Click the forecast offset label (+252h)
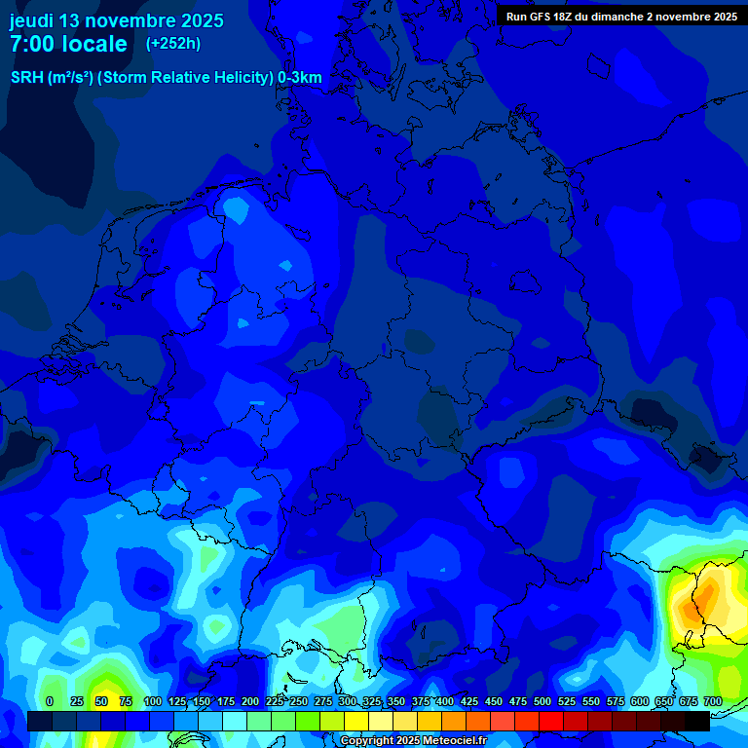(x=172, y=44)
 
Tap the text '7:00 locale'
(x=68, y=44)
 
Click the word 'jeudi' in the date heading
(x=31, y=20)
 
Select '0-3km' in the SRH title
(x=299, y=78)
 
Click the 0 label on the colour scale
(x=50, y=701)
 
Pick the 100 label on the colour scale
(x=152, y=701)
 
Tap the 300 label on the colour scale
(x=347, y=701)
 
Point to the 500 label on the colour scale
(x=542, y=701)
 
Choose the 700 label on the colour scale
(x=713, y=701)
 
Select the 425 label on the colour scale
(x=469, y=701)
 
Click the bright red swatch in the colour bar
(x=551, y=722)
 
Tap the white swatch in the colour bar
(x=235, y=722)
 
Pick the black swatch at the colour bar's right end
(x=697, y=722)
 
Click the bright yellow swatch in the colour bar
(x=356, y=722)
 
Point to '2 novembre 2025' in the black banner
(x=691, y=17)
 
